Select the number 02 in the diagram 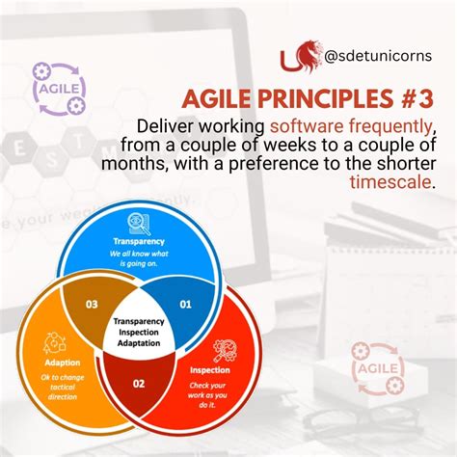pyautogui.click(x=139, y=384)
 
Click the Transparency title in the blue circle pyautogui.click(x=139, y=241)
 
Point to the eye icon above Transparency pyautogui.click(x=139, y=224)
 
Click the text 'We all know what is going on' pyautogui.click(x=139, y=258)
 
